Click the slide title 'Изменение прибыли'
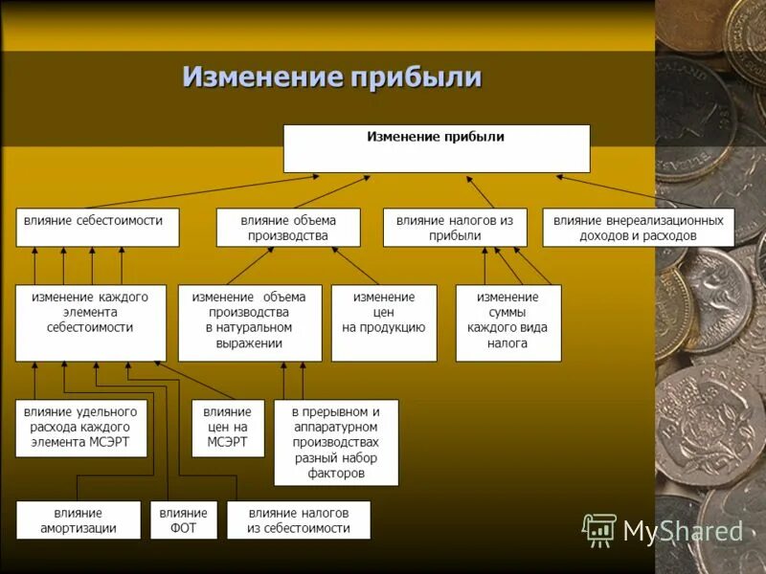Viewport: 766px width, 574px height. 331,77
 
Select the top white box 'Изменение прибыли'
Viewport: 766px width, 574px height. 436,147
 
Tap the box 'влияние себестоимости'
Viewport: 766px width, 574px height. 97,228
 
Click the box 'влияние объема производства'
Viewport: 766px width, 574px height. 288,228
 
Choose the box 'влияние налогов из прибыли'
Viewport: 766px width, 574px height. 455,228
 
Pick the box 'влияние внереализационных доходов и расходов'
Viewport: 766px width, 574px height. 638,228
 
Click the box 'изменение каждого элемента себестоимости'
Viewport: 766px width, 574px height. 90,322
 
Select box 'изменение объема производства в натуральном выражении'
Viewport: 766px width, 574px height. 249,322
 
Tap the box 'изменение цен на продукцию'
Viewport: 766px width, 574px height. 383,322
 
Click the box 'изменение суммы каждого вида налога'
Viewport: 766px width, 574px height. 507,322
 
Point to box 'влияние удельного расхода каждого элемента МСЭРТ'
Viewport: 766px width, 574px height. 80,428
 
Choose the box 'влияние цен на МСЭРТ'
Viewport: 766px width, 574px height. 227,428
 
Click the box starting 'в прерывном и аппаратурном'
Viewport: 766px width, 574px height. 335,442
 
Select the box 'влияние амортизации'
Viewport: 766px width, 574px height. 78,519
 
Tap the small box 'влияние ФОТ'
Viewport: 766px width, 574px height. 183,519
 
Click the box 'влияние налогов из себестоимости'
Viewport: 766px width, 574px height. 298,519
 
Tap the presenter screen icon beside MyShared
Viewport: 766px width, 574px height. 599,530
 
